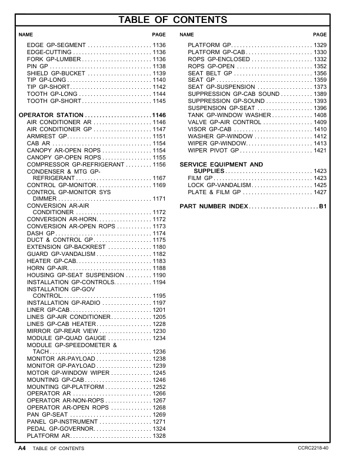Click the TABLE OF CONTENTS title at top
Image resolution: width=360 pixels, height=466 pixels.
coord(180,21)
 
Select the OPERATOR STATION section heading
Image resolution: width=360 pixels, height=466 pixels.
coord(51,115)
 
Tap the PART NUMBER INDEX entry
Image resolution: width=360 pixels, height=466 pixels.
coord(214,207)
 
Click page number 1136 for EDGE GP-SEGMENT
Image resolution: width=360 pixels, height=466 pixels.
coord(159,45)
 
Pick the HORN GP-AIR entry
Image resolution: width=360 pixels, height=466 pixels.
coord(51,268)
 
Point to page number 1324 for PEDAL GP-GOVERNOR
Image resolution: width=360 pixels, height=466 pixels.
coord(159,429)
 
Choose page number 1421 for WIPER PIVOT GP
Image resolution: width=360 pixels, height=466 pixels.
coord(320,151)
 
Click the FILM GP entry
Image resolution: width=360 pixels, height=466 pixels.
coord(199,178)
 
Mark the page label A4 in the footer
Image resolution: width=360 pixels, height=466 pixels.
coord(21,448)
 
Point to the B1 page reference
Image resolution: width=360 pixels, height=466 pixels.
coord(322,207)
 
